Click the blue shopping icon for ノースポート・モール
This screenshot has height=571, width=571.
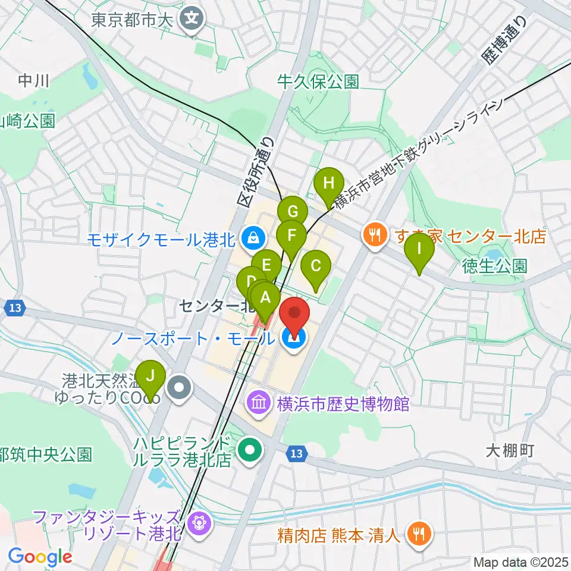293,339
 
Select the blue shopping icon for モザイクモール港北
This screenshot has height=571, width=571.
253,239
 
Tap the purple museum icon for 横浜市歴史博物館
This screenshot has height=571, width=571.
259,404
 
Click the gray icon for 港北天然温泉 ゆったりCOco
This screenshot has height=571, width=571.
179,389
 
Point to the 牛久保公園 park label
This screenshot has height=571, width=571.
319,81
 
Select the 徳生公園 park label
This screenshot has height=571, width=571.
495,265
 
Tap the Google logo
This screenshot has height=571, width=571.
40,557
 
